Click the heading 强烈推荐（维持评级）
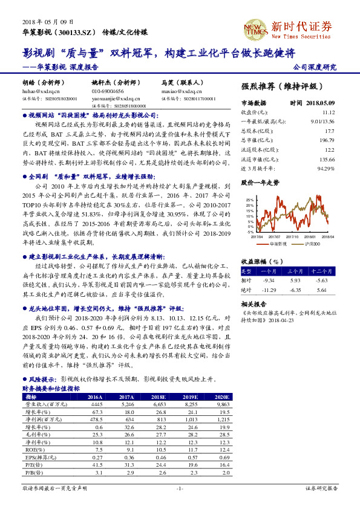(x=282, y=86)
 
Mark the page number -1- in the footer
(x=180, y=488)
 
